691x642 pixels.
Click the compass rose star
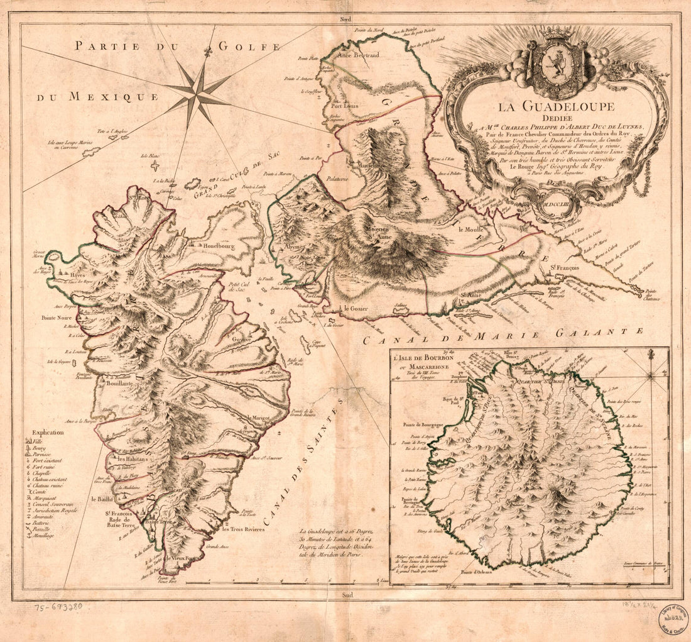point(198,93)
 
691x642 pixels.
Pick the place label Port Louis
point(344,106)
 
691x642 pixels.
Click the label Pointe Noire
point(57,318)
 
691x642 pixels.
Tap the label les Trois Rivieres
point(243,529)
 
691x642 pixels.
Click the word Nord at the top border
point(345,19)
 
